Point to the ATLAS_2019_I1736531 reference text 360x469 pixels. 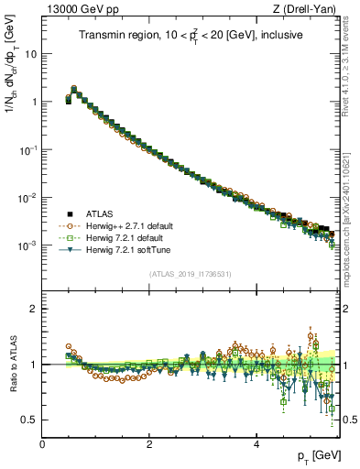click(x=190, y=274)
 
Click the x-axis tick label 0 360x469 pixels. click(x=42, y=444)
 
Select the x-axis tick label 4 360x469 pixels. click(x=256, y=444)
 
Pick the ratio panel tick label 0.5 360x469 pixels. click(x=28, y=420)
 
